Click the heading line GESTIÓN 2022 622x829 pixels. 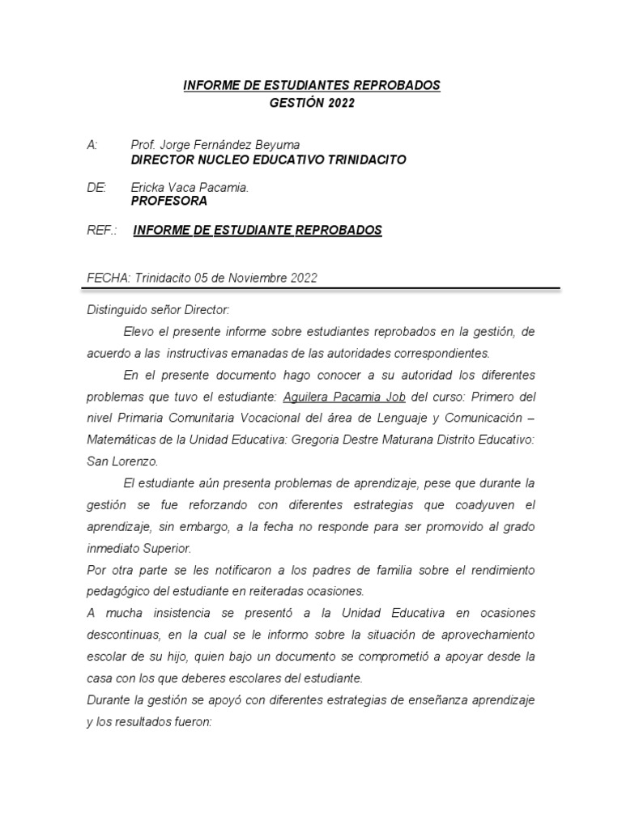click(x=312, y=103)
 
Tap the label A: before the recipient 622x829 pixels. click(x=92, y=145)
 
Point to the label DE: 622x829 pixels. click(x=96, y=187)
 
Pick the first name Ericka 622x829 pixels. click(x=149, y=187)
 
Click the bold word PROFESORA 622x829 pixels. click(x=168, y=201)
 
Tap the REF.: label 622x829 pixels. click(x=101, y=231)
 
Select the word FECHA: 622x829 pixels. click(x=109, y=278)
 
